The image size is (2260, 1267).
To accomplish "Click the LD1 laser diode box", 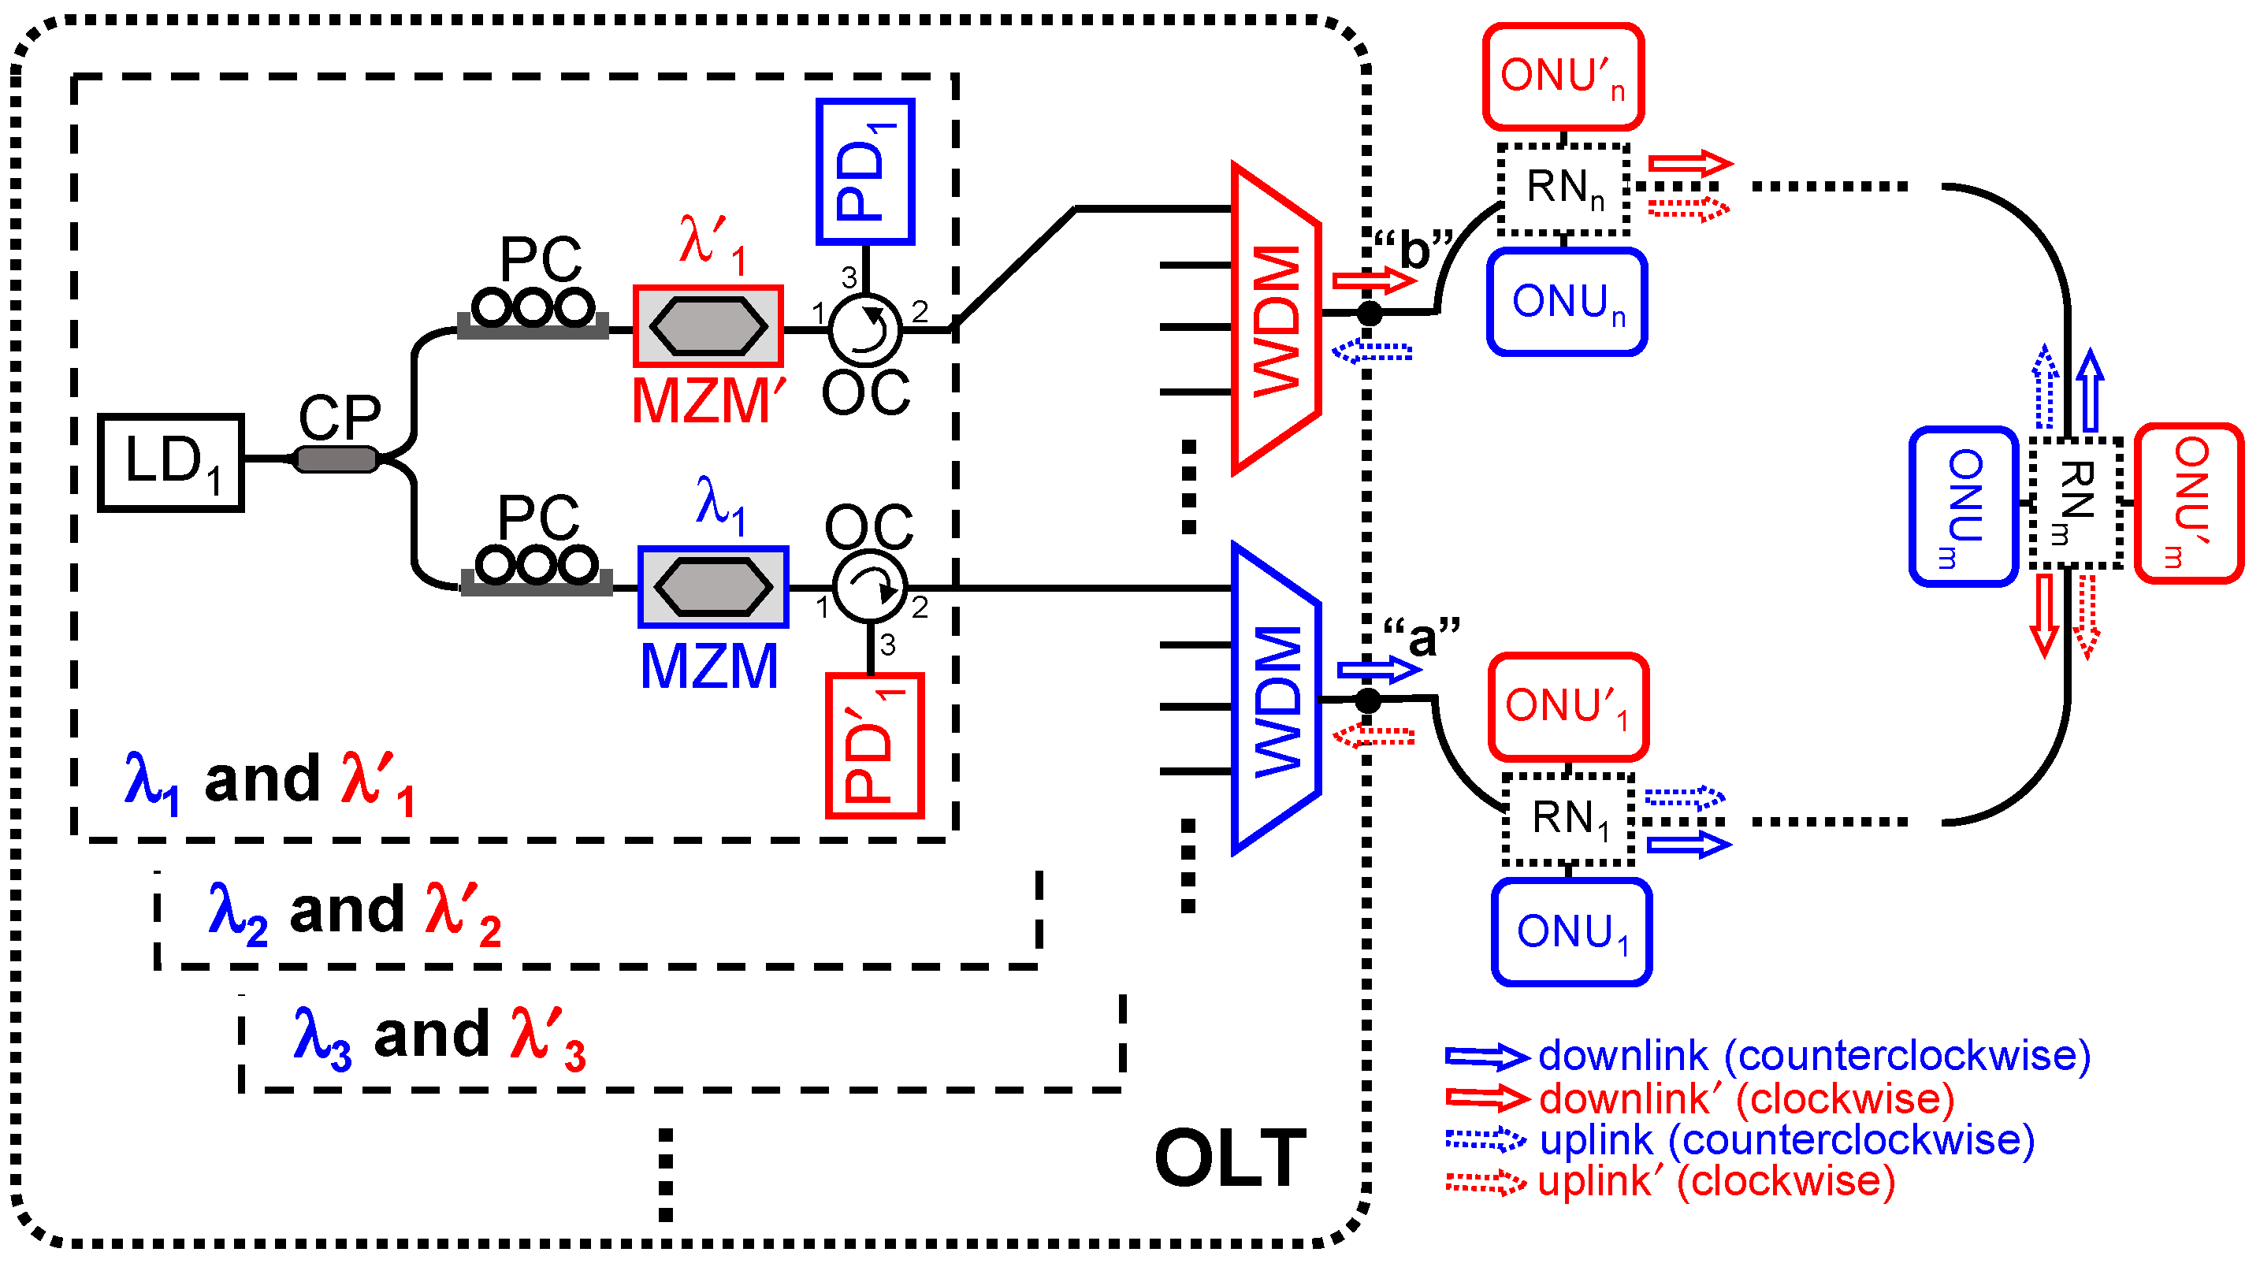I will coord(171,463).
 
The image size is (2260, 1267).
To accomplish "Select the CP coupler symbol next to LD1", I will coord(336,459).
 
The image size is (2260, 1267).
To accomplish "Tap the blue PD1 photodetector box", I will coord(865,172).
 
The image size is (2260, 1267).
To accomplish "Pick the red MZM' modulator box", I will coord(708,326).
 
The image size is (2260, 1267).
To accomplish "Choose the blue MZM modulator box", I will coord(713,587).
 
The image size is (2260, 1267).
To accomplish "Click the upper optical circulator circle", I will coord(865,330).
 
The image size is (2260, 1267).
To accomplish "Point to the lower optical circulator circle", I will coord(869,587).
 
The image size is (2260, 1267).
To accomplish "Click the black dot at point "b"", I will coord(1369,312).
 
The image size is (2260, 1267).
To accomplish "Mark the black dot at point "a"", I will coord(1368,700).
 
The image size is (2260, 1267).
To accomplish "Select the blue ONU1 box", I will coord(1571,932).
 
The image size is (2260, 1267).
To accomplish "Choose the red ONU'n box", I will coord(1563,77).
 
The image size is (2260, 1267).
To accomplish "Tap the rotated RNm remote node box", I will coord(2076,503).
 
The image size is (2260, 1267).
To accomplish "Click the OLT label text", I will coord(1230,1158).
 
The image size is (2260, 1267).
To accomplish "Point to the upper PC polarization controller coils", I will coord(533,310).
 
